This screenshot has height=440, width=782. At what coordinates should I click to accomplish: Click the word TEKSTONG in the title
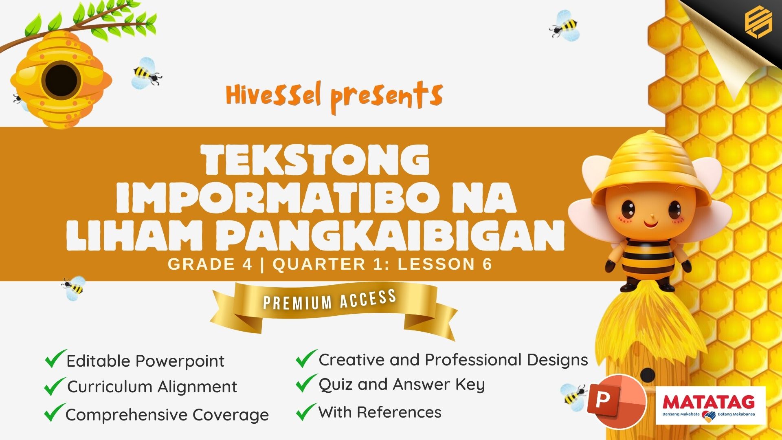point(317,160)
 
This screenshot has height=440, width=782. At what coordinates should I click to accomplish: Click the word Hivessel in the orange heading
point(274,95)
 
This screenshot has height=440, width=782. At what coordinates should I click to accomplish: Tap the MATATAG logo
point(710,406)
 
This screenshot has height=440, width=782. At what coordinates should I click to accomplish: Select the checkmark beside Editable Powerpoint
point(55,359)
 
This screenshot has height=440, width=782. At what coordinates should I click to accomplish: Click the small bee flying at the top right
point(565,26)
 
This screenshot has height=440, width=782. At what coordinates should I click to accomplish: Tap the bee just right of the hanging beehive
point(147,73)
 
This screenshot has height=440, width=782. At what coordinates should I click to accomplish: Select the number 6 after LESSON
point(487,264)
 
